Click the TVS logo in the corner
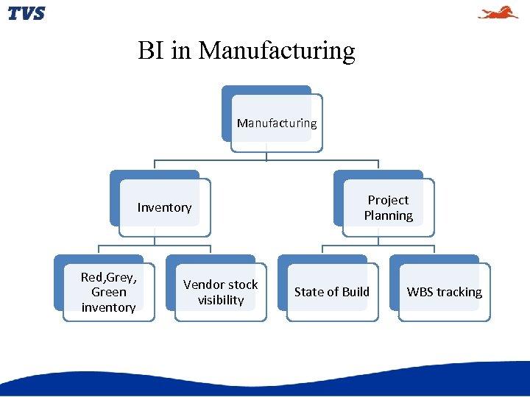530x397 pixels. (x=26, y=13)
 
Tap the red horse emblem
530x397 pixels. (x=498, y=12)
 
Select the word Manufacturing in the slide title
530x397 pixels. (x=277, y=51)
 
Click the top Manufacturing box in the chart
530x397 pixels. (x=277, y=123)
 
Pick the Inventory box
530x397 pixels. (x=164, y=207)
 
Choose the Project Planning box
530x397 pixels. (x=388, y=207)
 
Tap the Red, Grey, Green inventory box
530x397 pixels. (x=108, y=292)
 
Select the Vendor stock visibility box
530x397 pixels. (x=220, y=292)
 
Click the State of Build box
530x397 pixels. (x=332, y=292)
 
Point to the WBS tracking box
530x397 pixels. (x=444, y=292)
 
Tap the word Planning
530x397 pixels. (x=388, y=215)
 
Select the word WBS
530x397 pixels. (x=420, y=292)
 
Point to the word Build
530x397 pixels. (x=354, y=292)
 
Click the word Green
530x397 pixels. (x=109, y=292)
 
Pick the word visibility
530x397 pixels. (x=220, y=300)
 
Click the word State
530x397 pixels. (x=308, y=292)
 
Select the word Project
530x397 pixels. (x=388, y=200)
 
